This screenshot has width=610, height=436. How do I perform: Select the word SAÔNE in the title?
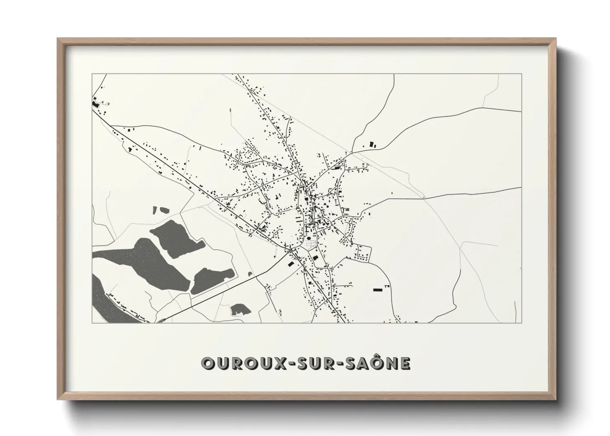coord(371,363)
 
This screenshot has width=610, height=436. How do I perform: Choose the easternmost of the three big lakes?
coord(212,280)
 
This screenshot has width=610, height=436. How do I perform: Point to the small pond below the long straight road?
coord(238,309)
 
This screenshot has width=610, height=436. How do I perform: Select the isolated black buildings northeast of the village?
coord(373,145)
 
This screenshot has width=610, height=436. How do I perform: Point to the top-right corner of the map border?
coord(521,74)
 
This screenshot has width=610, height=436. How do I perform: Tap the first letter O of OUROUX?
coord(207,363)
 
